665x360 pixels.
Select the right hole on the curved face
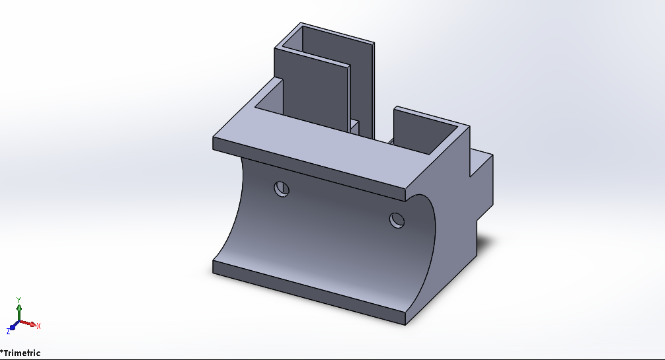coord(397,219)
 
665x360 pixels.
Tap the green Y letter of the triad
coord(19,299)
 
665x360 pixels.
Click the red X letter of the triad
coord(38,326)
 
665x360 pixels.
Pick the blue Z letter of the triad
coord(9,330)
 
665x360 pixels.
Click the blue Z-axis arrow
coord(13,326)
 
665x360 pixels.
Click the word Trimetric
coord(22,353)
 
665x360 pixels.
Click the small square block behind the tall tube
coord(355,126)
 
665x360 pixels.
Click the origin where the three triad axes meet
coord(19,323)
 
